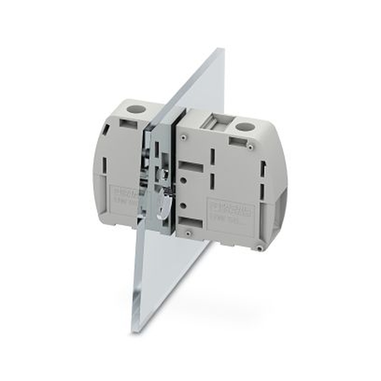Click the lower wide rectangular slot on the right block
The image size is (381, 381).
pos(190,222)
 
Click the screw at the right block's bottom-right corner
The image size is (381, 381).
pos(259,248)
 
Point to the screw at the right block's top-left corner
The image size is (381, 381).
pos(184,137)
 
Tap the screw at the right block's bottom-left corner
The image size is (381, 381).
pos(188,232)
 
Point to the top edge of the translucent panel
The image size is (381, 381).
pos(220,50)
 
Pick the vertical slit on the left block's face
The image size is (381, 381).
pos(105,165)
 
